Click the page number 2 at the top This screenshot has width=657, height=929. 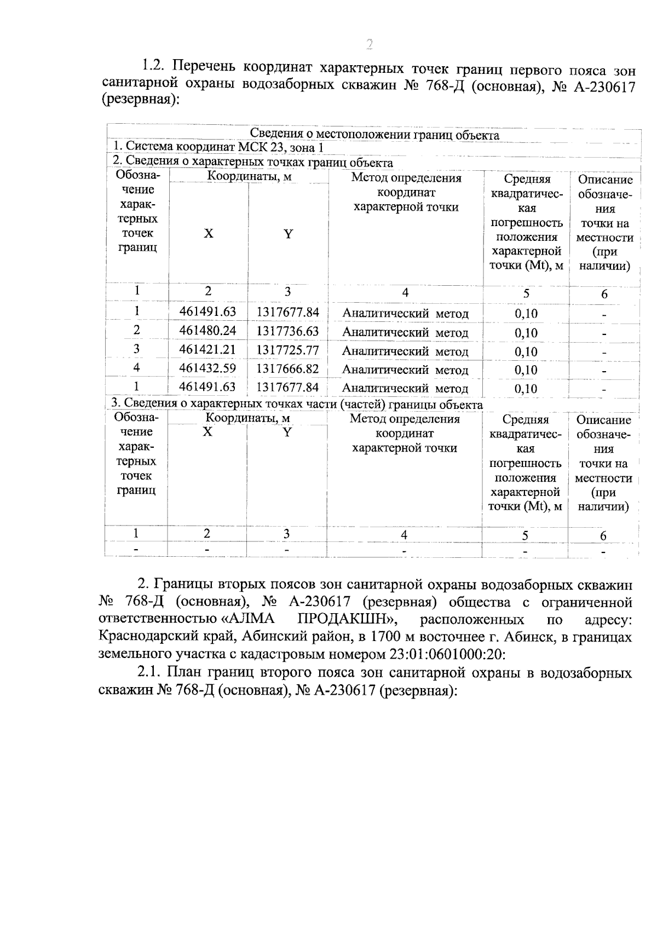pyautogui.click(x=369, y=44)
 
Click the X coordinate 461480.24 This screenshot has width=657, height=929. pyautogui.click(x=208, y=331)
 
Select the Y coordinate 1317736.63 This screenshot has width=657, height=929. pyautogui.click(x=287, y=331)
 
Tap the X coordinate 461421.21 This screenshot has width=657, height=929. pyautogui.click(x=208, y=349)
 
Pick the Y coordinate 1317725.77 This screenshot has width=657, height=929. pyautogui.click(x=287, y=350)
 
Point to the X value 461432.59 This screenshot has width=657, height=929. pyautogui.click(x=208, y=368)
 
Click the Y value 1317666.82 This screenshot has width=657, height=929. pyautogui.click(x=287, y=369)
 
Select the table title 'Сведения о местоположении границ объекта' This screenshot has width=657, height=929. pyautogui.click(x=374, y=135)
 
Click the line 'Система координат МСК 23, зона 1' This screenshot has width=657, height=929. pyautogui.click(x=218, y=148)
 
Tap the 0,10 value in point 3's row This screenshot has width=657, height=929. pyautogui.click(x=526, y=351)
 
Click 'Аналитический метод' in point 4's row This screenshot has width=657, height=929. pyautogui.click(x=405, y=370)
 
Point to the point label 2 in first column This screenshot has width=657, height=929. pyautogui.click(x=136, y=330)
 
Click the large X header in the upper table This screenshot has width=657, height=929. pyautogui.click(x=209, y=234)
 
